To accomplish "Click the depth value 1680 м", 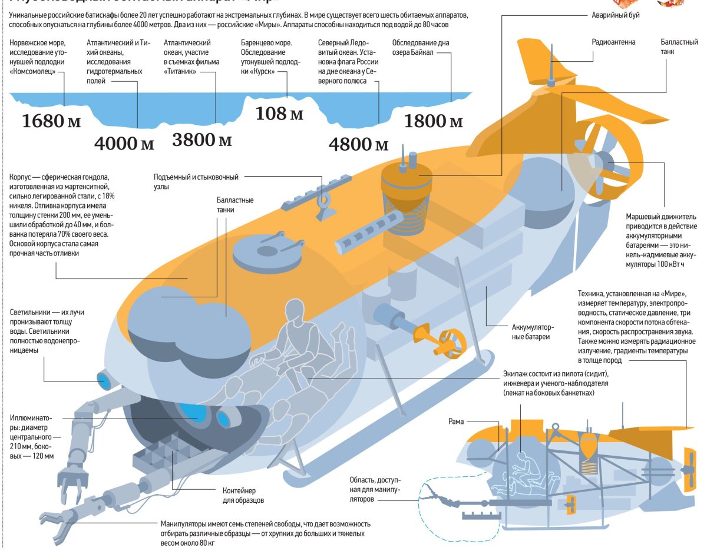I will point(51,121).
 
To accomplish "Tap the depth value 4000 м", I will point(124,144).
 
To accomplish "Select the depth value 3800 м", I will point(202,140).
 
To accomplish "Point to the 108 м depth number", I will point(279,112).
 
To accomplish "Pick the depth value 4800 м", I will point(359,144).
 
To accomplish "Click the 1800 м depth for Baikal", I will point(433,121).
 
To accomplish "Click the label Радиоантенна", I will point(614,42).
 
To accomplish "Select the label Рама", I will point(455,422).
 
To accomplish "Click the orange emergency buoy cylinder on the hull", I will point(406,179).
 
